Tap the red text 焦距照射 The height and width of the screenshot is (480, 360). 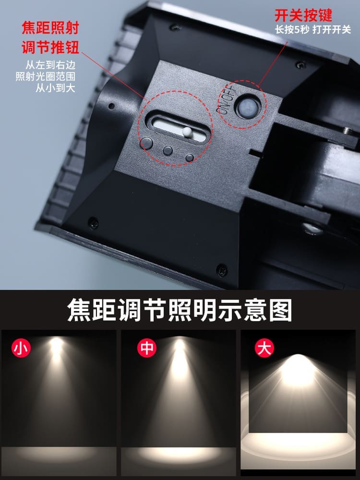pyautogui.click(x=50, y=28)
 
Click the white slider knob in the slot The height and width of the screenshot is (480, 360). pyautogui.click(x=187, y=132)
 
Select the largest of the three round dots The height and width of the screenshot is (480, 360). pyautogui.click(x=147, y=143)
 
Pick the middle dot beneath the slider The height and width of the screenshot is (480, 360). pyautogui.click(x=168, y=150)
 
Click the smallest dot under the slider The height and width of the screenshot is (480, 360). pyautogui.click(x=190, y=157)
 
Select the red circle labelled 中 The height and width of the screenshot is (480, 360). pyautogui.click(x=147, y=348)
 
